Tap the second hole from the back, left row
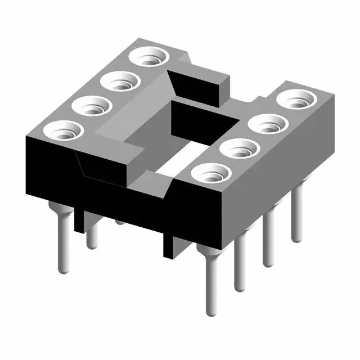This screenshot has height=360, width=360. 120,83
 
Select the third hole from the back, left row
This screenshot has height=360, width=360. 92,106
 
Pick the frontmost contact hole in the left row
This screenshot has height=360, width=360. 63,130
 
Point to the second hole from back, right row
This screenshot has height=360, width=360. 268,124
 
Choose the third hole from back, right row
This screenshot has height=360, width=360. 238,149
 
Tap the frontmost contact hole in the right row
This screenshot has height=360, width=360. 210,173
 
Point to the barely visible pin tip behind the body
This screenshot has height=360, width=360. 120,222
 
